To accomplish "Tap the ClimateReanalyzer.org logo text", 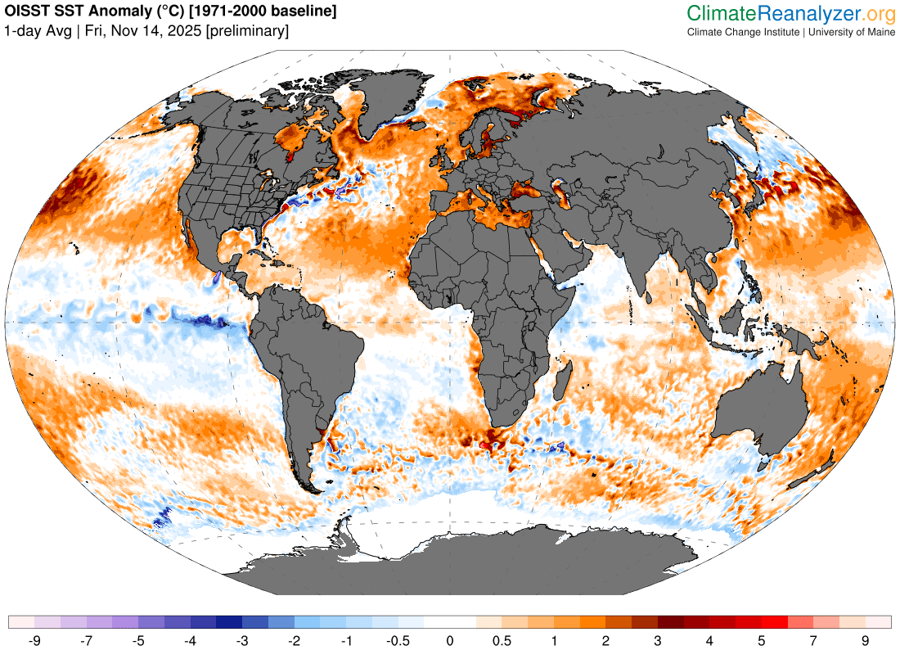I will click(790, 13).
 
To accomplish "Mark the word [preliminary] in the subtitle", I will click(248, 31).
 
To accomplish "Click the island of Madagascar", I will click(562, 381).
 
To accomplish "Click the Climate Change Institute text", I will click(744, 32).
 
